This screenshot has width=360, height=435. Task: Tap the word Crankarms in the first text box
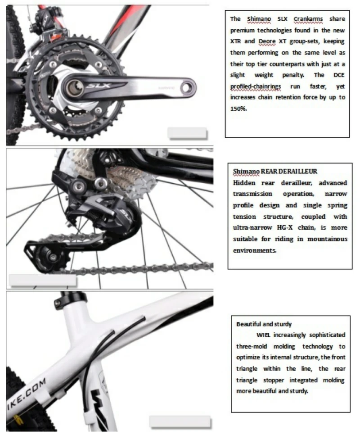point(308,19)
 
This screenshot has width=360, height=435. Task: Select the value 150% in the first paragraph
point(238,109)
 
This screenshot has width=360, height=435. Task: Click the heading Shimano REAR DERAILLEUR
point(275,172)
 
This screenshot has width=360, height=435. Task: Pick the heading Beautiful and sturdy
point(264,324)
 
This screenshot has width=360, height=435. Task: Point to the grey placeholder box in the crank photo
point(187,133)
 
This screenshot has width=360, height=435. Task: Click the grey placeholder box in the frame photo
point(180,422)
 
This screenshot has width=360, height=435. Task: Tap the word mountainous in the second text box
point(327,239)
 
